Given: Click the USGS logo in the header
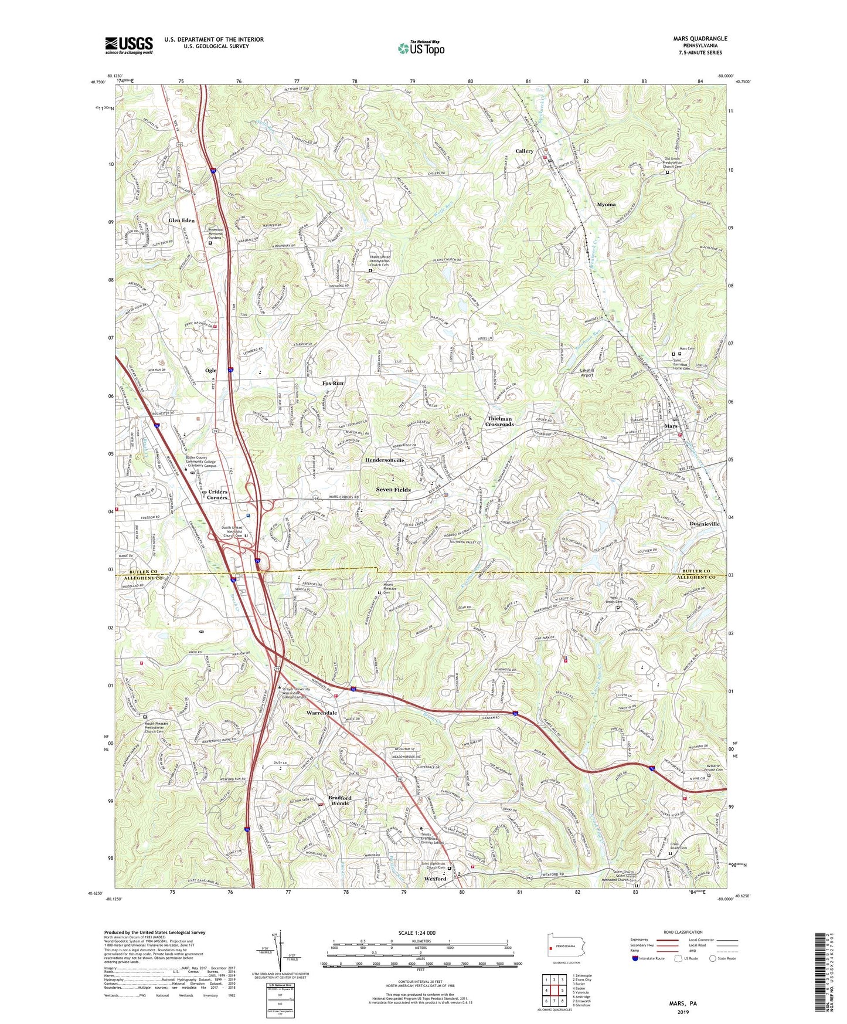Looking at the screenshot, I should pyautogui.click(x=129, y=45).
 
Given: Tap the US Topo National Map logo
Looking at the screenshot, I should pyautogui.click(x=420, y=48).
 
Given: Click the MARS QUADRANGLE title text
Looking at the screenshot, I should pyautogui.click(x=700, y=39).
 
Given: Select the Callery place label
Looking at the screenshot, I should pyautogui.click(x=524, y=151).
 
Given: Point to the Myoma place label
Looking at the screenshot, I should pyautogui.click(x=606, y=205).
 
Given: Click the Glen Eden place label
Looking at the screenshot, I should pyautogui.click(x=181, y=221).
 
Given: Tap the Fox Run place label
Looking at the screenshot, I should pyautogui.click(x=333, y=383).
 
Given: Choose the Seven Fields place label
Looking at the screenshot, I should pyautogui.click(x=393, y=489).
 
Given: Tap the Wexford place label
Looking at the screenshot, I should pyautogui.click(x=435, y=879).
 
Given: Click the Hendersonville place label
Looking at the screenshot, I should pyautogui.click(x=385, y=460).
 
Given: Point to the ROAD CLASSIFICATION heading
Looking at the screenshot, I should pyautogui.click(x=683, y=932).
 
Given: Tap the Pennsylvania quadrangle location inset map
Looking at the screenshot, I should pyautogui.click(x=566, y=949).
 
